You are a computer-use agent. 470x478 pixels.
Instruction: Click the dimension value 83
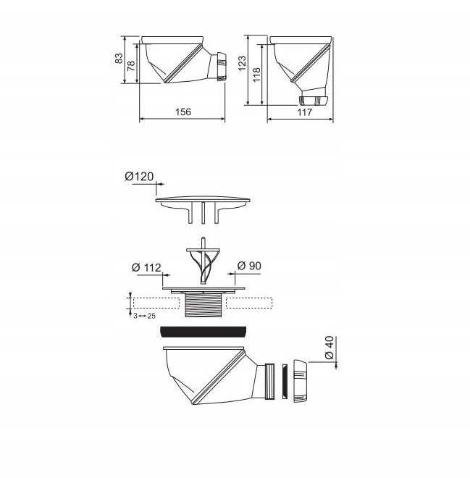(x=119, y=58)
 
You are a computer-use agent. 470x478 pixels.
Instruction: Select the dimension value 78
(x=131, y=65)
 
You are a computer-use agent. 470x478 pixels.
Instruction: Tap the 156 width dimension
(x=183, y=112)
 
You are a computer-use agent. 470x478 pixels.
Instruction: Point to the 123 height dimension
(x=242, y=63)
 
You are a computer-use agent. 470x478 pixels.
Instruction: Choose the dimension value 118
(x=256, y=75)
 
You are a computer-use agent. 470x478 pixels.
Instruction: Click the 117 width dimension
(x=304, y=112)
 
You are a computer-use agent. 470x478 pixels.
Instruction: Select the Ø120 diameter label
(x=139, y=177)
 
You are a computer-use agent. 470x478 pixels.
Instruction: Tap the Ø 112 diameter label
(x=146, y=268)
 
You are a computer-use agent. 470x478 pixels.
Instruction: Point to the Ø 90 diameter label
(x=249, y=266)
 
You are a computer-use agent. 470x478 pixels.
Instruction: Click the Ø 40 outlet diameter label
(x=330, y=348)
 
